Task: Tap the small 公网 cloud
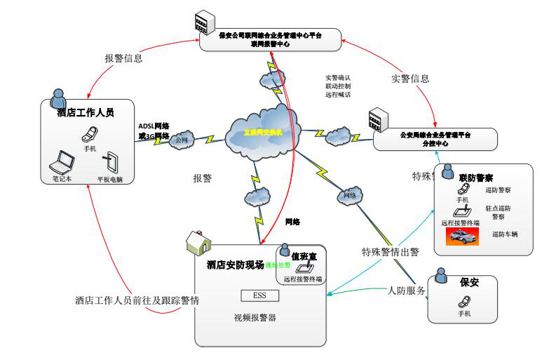pos(182,138)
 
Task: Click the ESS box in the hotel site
pos(255,295)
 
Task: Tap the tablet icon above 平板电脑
pos(110,162)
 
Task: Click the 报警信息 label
pos(123,59)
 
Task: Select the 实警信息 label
pos(409,79)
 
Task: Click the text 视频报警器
pos(255,318)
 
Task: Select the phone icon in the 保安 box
pos(463,302)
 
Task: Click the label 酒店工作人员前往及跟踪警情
pos(137,300)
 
